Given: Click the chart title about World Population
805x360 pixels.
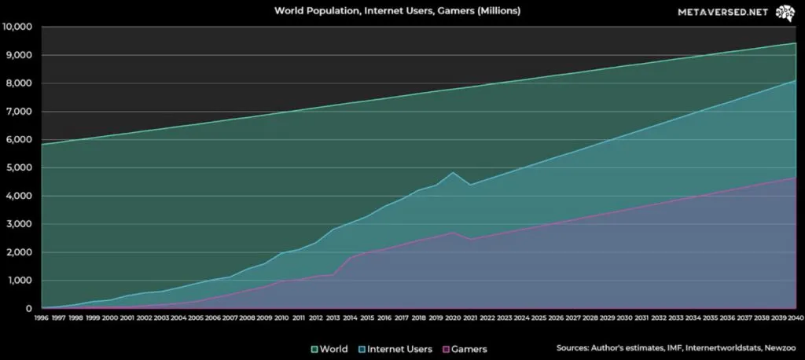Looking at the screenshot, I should coord(397,12).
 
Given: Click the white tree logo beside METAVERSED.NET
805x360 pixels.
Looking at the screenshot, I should coord(784,13).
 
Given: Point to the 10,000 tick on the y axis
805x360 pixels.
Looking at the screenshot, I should coord(17,27).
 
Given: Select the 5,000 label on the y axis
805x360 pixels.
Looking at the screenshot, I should coord(18,167).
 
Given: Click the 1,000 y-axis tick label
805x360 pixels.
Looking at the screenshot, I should coord(18,281).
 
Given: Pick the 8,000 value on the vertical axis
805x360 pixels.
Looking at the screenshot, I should coord(18,83).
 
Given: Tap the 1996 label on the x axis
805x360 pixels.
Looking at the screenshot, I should coord(42,318).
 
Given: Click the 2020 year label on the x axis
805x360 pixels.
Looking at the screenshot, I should coord(453,318).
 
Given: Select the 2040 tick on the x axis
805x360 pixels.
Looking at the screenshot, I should coord(795,318).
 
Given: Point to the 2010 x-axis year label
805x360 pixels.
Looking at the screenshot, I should coord(282,318).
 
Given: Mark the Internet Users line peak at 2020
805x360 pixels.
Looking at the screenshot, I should coord(453,172).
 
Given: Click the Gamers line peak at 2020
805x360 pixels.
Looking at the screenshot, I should coord(453,232).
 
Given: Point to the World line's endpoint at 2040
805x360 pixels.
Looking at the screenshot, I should coord(795,43).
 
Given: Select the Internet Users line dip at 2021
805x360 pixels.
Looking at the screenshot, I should coord(470,185).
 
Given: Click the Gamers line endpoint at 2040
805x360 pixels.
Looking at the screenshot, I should coord(795,178).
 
